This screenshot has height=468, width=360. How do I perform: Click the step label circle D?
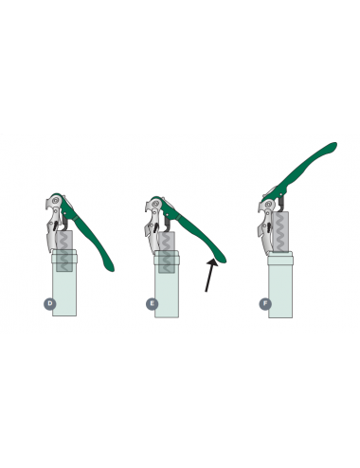49,304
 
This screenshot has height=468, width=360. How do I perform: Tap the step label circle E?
152,304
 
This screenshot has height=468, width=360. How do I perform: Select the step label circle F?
265,304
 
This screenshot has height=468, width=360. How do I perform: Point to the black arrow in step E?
211,275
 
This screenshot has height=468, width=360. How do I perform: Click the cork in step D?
64,251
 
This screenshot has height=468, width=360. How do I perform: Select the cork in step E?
167,253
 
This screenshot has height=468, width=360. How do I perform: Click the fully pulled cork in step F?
280,232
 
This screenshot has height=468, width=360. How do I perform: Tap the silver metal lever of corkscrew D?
54,225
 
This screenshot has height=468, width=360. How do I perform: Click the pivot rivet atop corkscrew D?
56,200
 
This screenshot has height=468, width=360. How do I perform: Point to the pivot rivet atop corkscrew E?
155,204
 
